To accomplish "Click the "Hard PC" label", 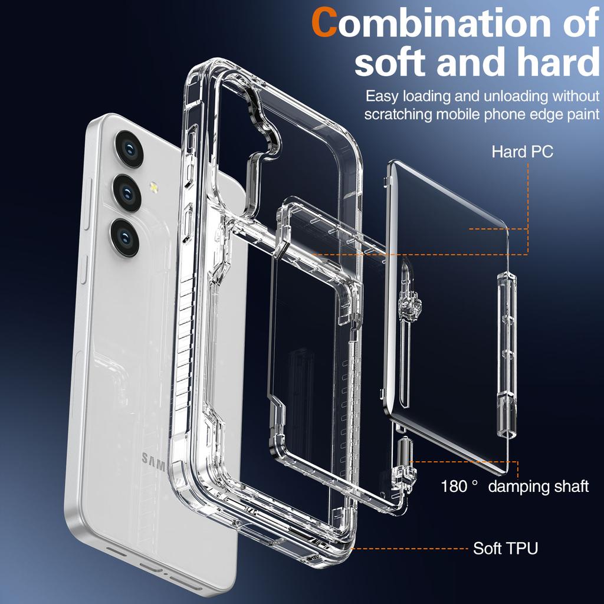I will pos(522,152).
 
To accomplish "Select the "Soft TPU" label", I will pos(505,548).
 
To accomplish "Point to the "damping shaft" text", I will pos(539,486).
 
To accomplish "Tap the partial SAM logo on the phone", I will pos(153,459).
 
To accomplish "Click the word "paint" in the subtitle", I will pos(580,114).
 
